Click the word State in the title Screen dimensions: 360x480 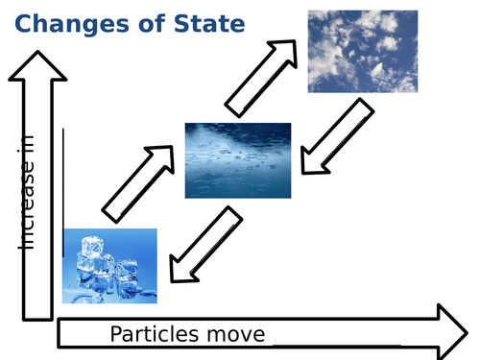(207, 23)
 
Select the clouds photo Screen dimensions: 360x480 (363, 51)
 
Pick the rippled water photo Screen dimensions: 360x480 (237, 159)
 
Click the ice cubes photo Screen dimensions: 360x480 (109, 265)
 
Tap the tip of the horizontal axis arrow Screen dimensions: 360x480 (465, 329)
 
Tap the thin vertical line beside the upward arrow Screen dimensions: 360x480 (63, 191)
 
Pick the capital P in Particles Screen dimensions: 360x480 (116, 334)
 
